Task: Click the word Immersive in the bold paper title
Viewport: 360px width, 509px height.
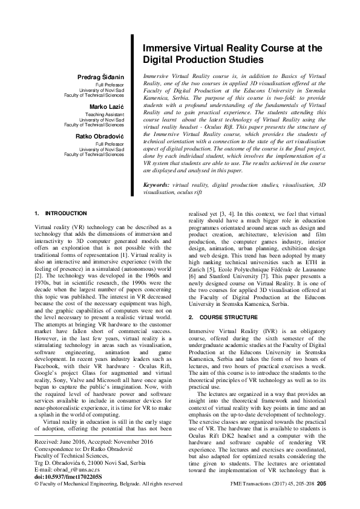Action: click(163, 48)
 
